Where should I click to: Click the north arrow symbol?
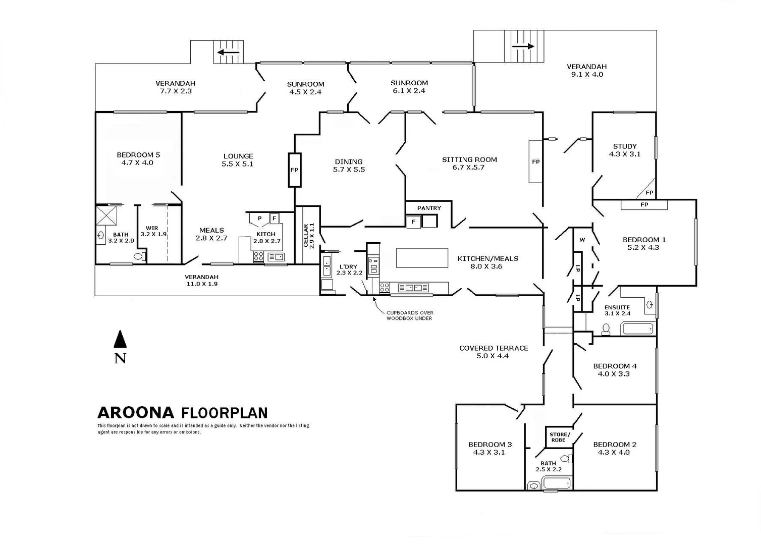click(x=120, y=340)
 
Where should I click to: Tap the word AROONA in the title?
click(x=136, y=413)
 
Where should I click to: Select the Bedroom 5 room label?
click(x=138, y=158)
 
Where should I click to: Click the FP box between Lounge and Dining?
click(x=294, y=170)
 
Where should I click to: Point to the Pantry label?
click(x=429, y=208)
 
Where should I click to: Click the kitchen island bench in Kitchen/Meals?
click(x=422, y=257)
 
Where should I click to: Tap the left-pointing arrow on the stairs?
click(x=229, y=51)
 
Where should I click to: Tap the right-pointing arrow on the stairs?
click(x=523, y=46)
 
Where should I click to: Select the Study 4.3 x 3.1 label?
click(x=624, y=150)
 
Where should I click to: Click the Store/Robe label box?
click(x=559, y=437)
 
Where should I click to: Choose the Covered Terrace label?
click(x=493, y=352)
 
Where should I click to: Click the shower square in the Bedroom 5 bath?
click(x=107, y=215)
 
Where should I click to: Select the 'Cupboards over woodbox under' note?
click(x=409, y=315)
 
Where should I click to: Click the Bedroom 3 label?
click(x=490, y=448)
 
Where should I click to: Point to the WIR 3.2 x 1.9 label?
click(x=153, y=231)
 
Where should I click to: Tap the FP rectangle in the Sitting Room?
click(x=535, y=161)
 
